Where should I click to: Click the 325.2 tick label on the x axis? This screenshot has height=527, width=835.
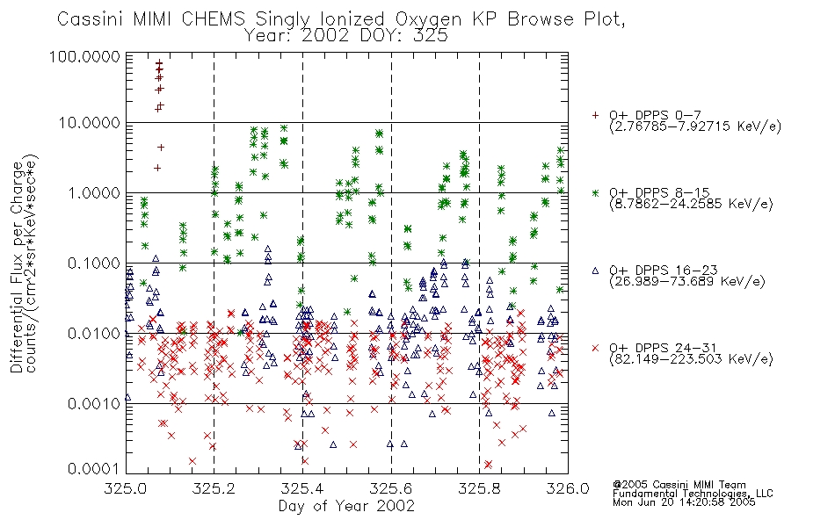(214, 488)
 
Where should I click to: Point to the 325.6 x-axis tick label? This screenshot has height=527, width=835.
(391, 488)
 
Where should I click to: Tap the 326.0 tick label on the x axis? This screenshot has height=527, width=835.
(568, 488)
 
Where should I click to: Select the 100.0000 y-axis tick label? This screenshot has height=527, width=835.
(84, 56)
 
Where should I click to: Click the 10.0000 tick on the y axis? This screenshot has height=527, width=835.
(90, 123)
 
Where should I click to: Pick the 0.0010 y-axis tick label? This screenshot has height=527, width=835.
(94, 404)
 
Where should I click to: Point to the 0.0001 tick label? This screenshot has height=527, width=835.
(94, 469)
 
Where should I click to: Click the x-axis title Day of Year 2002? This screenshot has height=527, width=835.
(346, 506)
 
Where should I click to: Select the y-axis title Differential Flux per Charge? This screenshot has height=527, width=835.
(17, 267)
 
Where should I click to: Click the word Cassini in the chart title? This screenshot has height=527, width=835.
(90, 19)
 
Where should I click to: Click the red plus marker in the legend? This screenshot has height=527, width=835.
(595, 115)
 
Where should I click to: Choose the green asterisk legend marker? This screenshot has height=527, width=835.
(595, 192)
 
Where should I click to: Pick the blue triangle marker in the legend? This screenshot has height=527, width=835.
(595, 271)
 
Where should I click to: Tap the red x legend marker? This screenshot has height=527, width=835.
(595, 348)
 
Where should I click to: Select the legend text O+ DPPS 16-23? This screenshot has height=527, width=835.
(664, 271)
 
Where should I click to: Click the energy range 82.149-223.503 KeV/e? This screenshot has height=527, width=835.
(691, 359)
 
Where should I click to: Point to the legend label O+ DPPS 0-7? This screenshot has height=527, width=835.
(656, 115)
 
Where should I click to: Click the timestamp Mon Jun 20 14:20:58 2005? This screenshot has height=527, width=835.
(685, 502)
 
